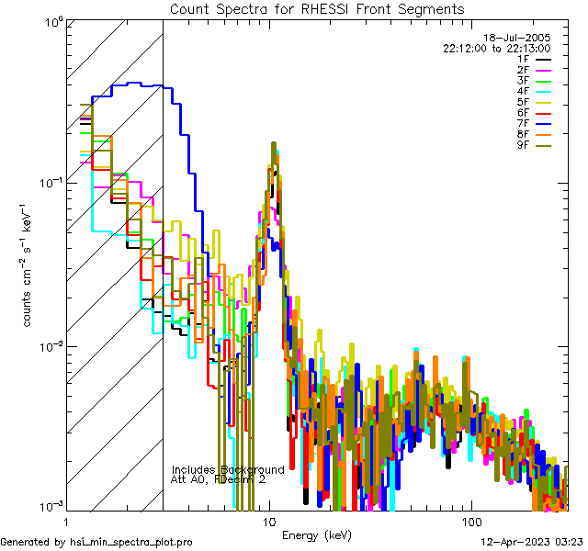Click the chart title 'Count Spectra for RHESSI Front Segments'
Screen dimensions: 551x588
click(317, 8)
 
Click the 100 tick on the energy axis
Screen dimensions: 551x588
click(470, 522)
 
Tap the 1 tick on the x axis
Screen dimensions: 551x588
click(62, 522)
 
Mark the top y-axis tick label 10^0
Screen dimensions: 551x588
click(49, 21)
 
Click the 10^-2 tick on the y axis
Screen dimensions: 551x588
click(47, 347)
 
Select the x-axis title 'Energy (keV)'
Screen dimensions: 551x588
click(316, 535)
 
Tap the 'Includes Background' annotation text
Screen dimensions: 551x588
click(228, 469)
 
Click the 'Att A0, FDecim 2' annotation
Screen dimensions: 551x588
click(219, 479)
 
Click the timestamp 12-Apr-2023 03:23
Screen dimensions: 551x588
click(531, 542)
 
